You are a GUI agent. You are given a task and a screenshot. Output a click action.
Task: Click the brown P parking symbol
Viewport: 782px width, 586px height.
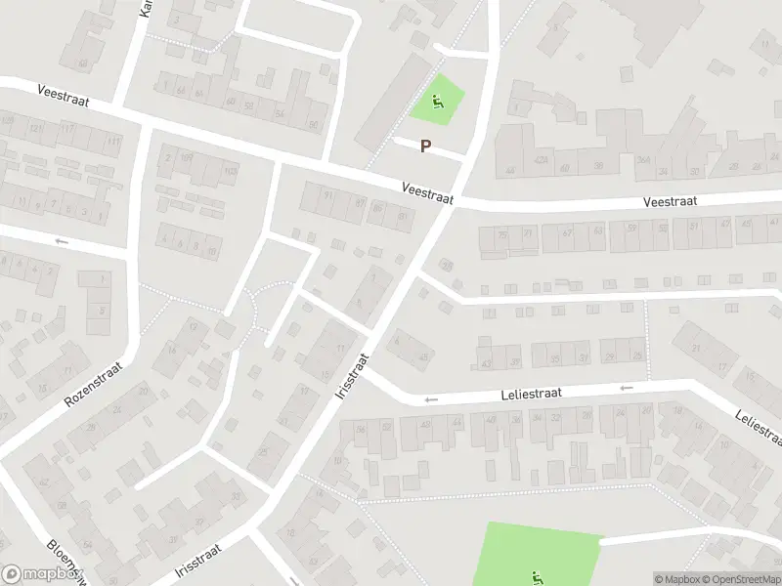[x=425, y=146]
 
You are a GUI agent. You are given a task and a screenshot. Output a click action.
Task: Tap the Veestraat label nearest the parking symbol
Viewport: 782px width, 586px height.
[x=428, y=191]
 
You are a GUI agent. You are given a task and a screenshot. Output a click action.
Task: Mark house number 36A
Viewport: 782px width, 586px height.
[x=643, y=160]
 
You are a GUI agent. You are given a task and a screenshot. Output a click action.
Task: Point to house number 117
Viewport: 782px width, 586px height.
[x=67, y=129]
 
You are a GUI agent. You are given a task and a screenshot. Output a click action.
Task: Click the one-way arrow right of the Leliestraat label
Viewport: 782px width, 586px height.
[x=626, y=388]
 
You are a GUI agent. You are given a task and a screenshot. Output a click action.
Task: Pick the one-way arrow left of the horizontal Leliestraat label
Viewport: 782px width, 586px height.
[x=430, y=399]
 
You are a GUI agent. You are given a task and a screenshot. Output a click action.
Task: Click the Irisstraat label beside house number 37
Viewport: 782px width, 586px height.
[x=198, y=561]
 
